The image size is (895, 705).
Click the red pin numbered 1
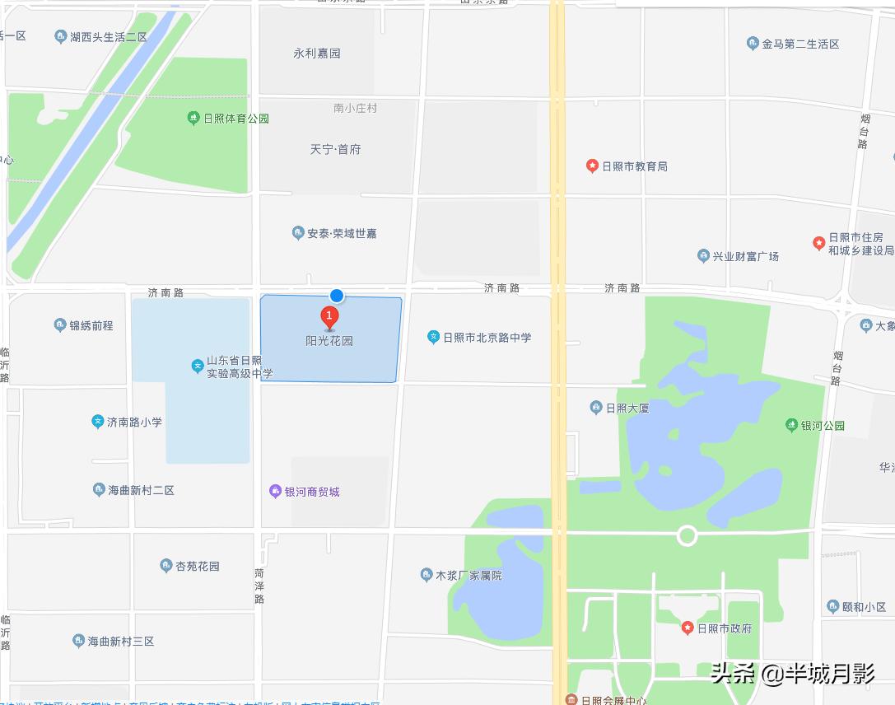click(329, 316)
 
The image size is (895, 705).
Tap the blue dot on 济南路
click(336, 295)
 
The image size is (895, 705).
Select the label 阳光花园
click(329, 340)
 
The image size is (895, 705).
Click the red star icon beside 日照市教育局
click(592, 166)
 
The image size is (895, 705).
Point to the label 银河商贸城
click(312, 492)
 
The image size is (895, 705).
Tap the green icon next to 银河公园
click(792, 426)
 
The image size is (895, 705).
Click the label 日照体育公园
click(236, 119)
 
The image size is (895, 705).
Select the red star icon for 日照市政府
click(688, 628)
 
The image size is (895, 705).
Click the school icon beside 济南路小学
click(98, 422)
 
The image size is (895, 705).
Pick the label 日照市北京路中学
click(487, 337)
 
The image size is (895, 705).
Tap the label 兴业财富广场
click(745, 256)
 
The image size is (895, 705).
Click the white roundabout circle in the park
click(687, 536)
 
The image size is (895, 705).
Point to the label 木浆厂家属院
click(468, 576)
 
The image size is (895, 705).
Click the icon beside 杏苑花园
click(165, 566)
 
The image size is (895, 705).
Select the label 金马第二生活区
click(800, 44)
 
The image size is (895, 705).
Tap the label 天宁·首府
click(335, 149)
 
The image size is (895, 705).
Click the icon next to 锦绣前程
click(60, 325)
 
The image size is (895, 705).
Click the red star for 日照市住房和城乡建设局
click(818, 243)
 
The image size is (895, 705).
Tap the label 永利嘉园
click(317, 54)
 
